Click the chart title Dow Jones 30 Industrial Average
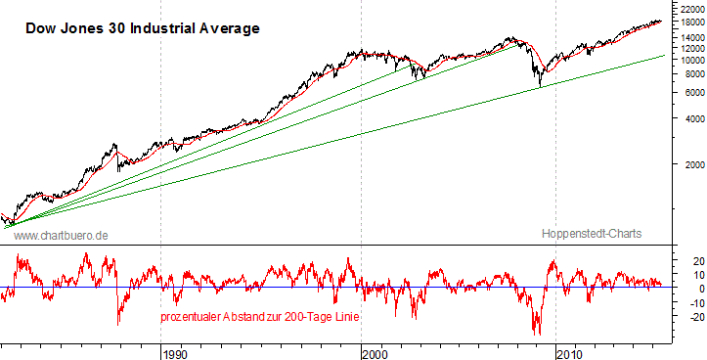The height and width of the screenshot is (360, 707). (141, 28)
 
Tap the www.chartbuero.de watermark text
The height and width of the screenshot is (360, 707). (61, 236)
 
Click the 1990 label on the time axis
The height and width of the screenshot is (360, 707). (174, 352)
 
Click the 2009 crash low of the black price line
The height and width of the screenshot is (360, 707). (539, 86)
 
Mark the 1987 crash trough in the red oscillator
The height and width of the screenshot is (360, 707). (118, 324)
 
